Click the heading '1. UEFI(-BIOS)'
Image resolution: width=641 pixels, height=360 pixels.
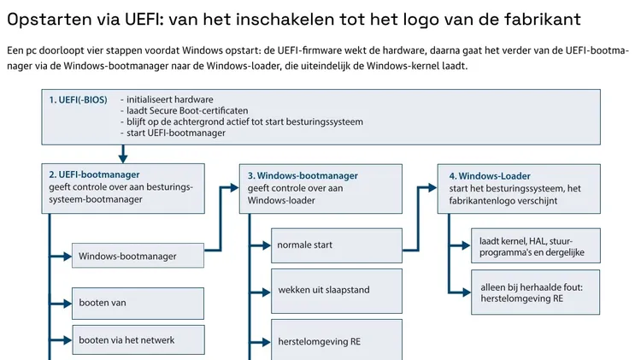coord(78,100)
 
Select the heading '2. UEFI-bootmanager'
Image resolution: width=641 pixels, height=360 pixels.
coord(94,174)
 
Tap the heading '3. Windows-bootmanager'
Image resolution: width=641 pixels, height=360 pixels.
coord(303,176)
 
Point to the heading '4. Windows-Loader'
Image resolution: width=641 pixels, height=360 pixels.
coord(490,176)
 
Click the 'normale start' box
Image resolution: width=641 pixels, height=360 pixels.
coord(337,245)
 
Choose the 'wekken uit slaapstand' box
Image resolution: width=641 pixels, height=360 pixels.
coord(337,291)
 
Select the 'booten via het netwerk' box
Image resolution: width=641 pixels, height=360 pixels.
coord(138,340)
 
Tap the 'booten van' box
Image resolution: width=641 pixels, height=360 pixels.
coord(138,304)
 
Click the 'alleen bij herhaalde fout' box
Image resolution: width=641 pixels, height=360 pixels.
coord(536,292)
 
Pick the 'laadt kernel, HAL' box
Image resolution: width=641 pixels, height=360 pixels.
coord(536,245)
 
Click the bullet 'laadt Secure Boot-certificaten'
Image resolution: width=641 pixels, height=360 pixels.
coord(185,111)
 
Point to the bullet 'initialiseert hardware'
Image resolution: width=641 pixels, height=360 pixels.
coord(167,100)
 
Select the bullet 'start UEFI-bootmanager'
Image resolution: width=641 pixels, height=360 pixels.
coord(173,133)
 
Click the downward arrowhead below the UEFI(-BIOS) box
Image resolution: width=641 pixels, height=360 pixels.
coord(122,158)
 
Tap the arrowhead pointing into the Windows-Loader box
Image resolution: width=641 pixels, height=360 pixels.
coord(432,188)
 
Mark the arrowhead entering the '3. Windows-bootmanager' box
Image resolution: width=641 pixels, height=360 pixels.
coord(235,188)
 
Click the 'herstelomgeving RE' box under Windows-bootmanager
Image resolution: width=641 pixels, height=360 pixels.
coord(337,340)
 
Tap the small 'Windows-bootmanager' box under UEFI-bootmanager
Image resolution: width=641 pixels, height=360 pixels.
coord(138,256)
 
